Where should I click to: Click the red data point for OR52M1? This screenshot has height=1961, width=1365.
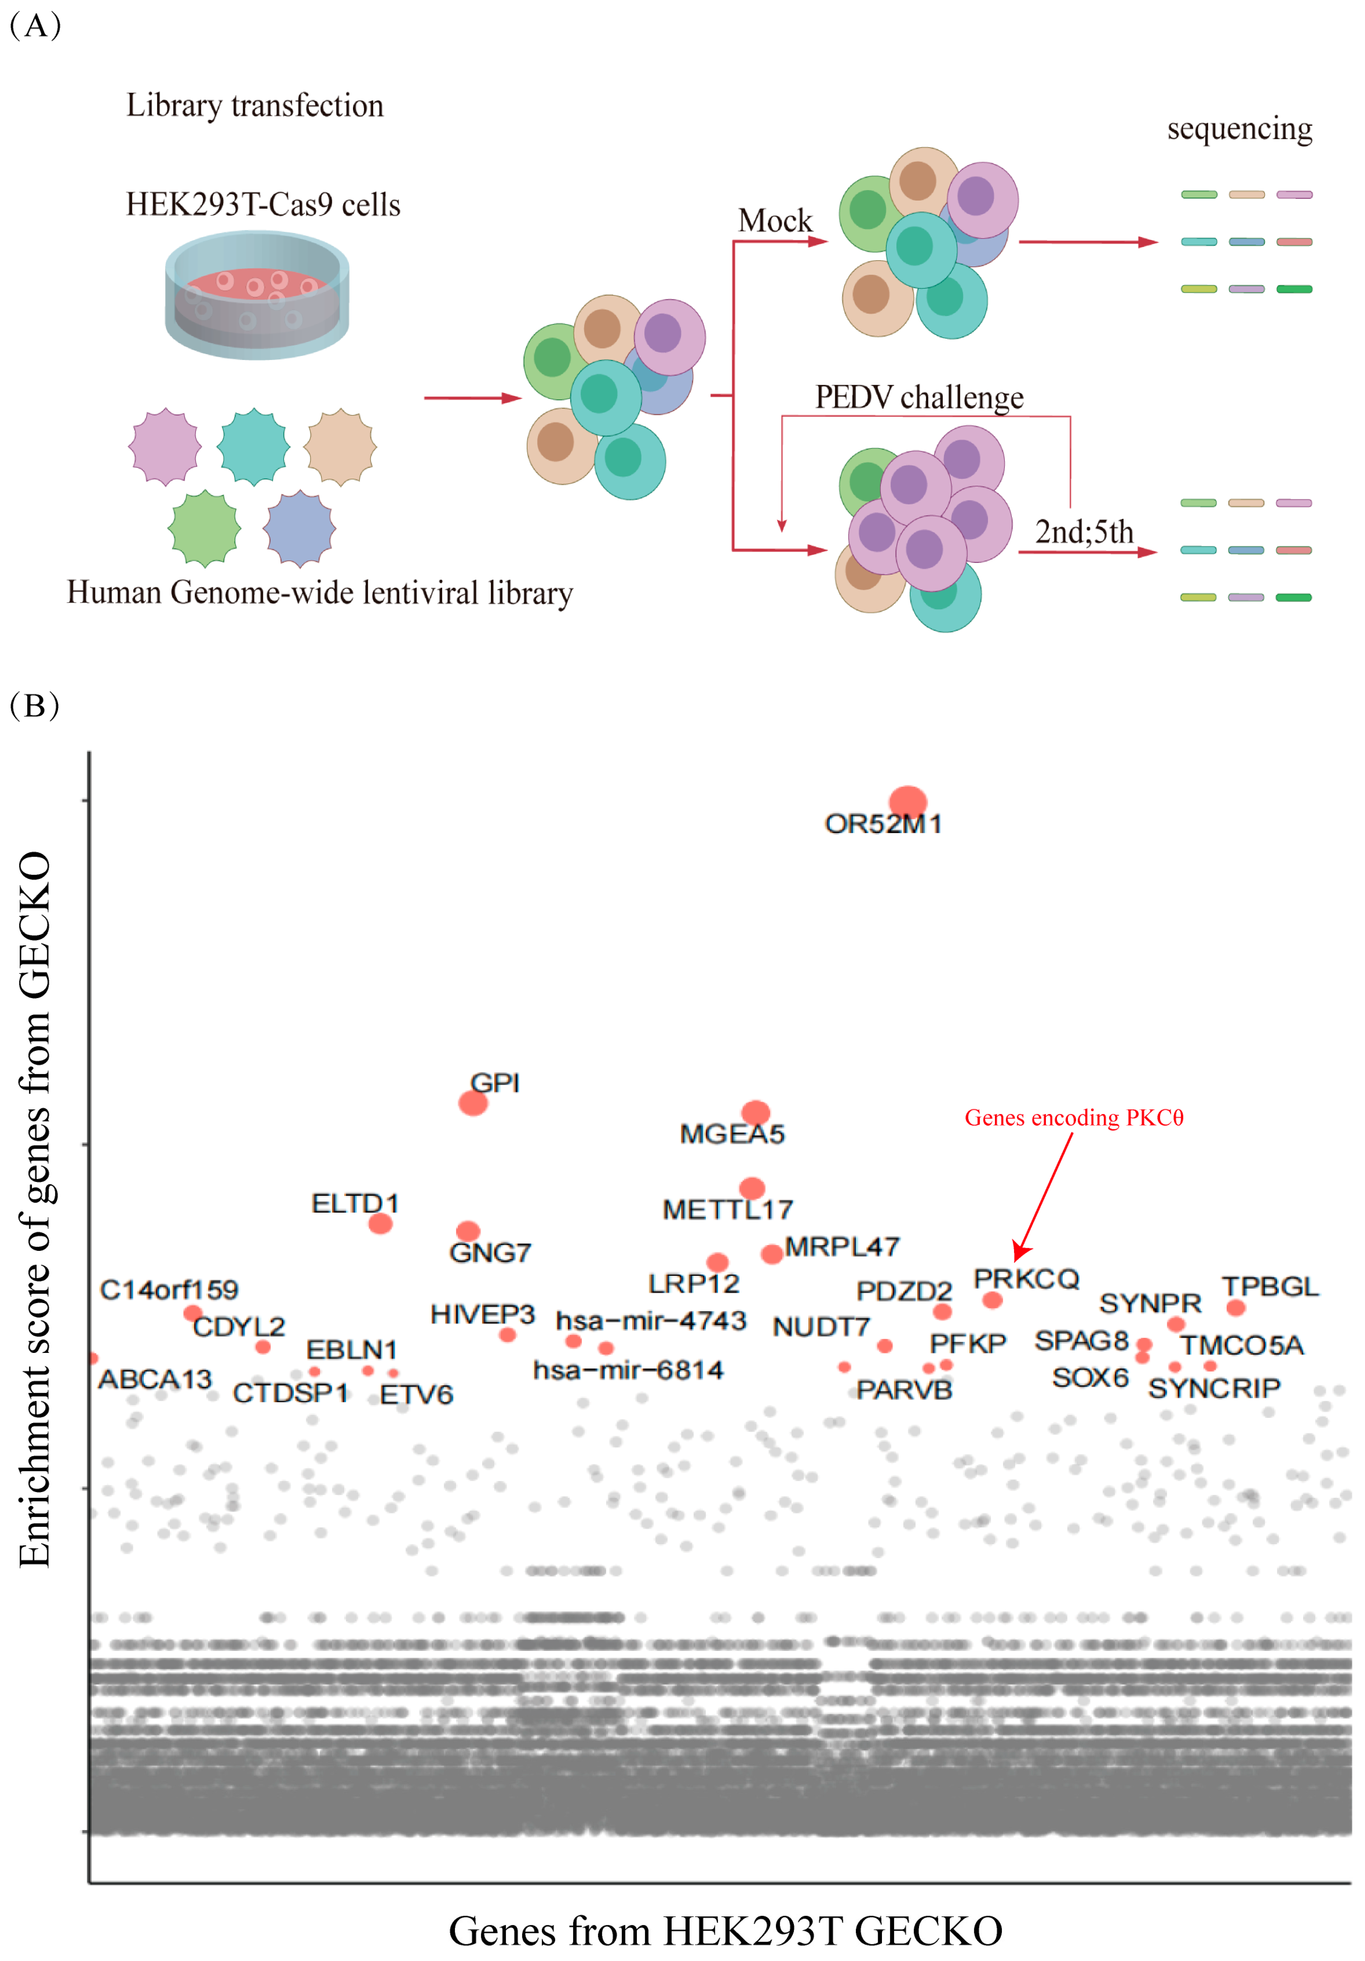(x=907, y=801)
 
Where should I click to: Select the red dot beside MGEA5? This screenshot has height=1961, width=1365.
(x=755, y=1112)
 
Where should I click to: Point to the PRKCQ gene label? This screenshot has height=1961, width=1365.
(x=1026, y=1279)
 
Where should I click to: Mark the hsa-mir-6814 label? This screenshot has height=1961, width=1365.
(x=628, y=1370)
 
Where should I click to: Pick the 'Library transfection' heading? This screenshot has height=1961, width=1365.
(x=254, y=106)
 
